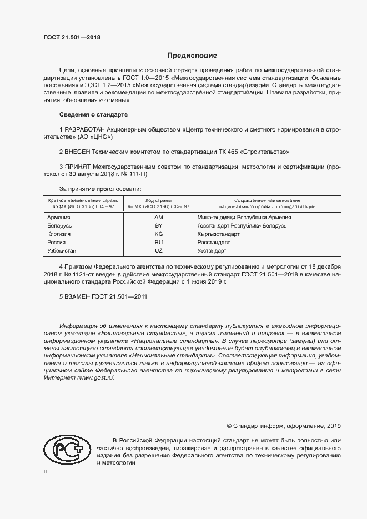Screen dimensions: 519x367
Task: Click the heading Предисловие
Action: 193,56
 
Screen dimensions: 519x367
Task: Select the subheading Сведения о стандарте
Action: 94,114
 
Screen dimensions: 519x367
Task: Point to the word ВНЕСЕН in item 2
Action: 79,151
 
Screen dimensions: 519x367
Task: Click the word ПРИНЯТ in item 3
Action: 78,166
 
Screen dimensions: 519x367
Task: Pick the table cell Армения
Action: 59,218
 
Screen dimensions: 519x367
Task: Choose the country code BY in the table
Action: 158,226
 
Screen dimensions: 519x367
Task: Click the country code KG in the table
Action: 158,234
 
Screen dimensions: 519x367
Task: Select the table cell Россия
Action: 57,243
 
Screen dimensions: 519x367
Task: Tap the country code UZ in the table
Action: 158,251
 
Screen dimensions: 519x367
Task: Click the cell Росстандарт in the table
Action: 214,243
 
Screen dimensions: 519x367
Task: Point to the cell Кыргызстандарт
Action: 218,234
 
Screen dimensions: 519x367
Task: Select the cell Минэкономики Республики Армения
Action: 244,218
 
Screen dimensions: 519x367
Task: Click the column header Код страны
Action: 158,200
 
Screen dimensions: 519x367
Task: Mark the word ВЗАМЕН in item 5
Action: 79,296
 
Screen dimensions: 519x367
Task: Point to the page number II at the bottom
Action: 45,471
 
